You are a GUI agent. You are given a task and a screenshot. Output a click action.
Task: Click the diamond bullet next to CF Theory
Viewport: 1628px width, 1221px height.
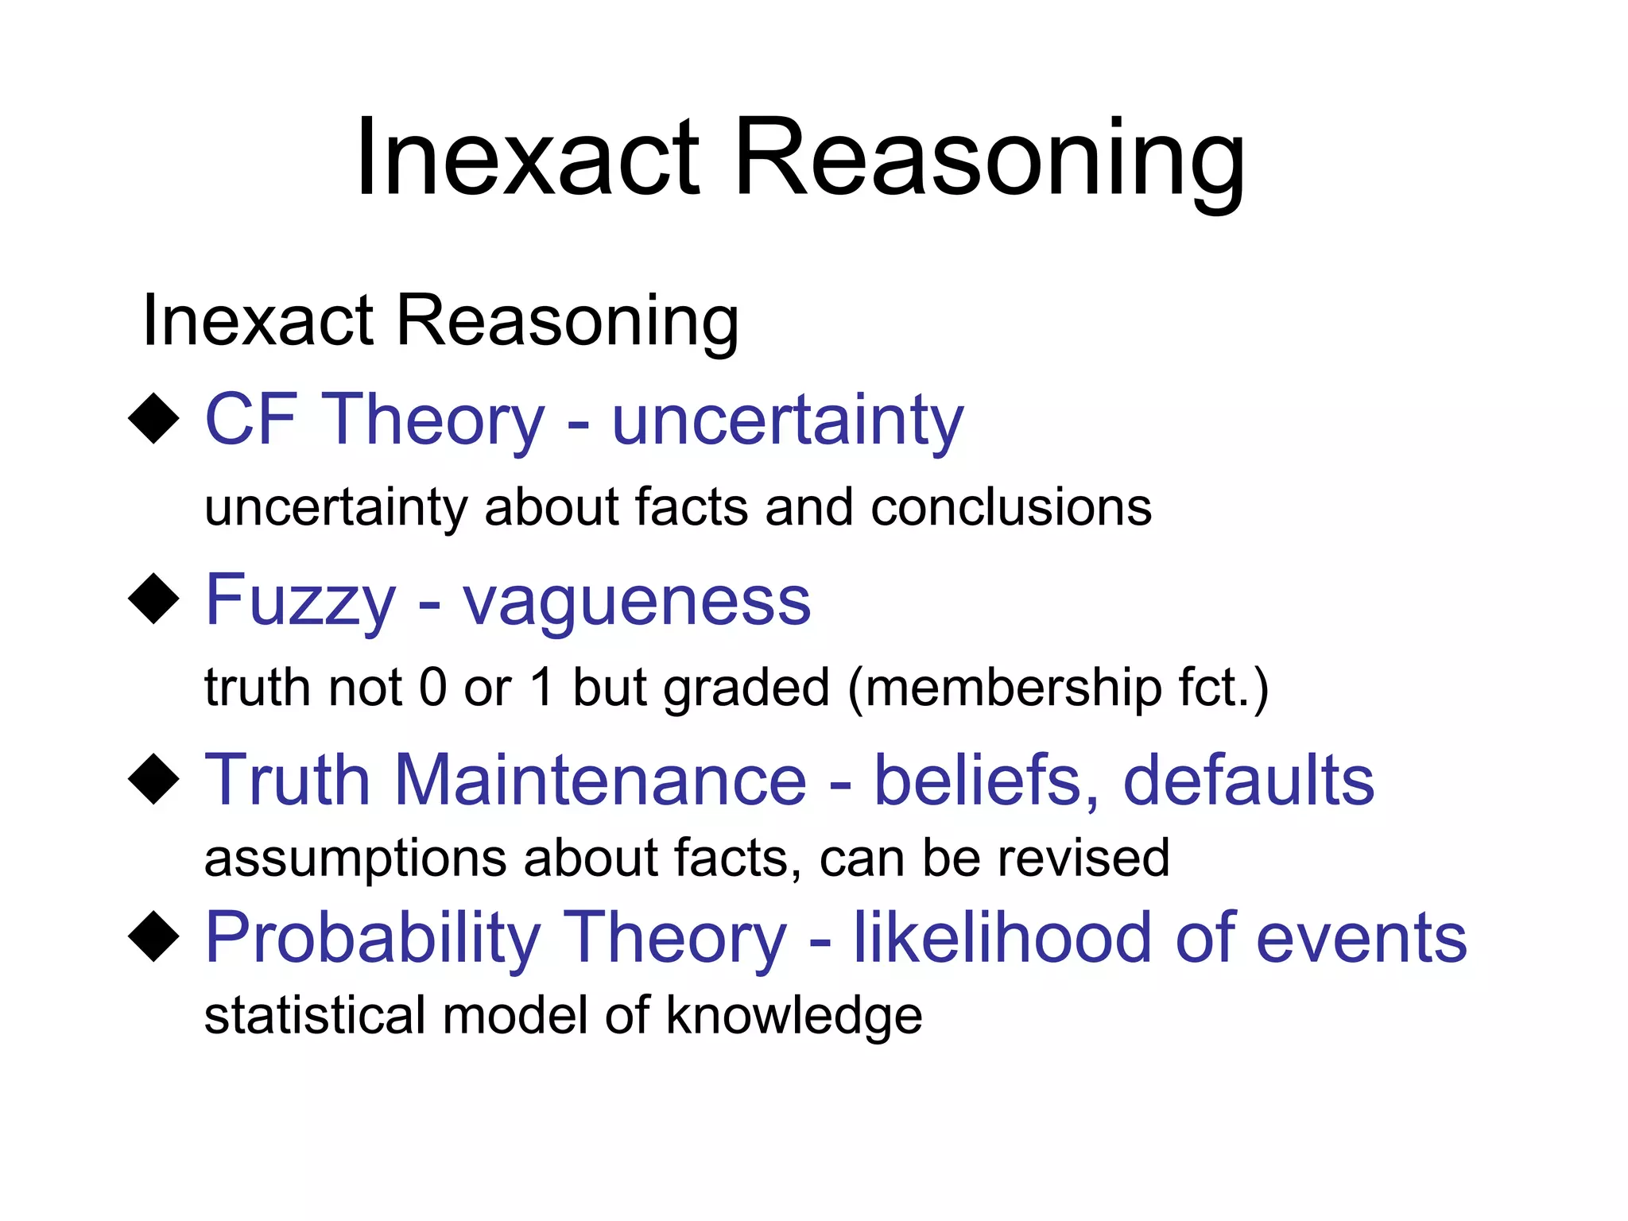153,419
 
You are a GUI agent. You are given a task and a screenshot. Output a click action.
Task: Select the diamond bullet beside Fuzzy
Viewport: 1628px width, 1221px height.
153,599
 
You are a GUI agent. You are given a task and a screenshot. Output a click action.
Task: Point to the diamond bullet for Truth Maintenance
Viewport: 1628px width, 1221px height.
153,780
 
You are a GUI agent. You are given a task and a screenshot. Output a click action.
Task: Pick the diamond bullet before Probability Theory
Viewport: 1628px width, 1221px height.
153,937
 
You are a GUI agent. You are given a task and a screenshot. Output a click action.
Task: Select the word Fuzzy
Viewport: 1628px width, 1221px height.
300,602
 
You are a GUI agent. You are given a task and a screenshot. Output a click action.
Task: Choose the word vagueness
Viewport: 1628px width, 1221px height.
636,602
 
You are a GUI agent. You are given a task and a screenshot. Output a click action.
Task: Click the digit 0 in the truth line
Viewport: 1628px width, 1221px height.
432,688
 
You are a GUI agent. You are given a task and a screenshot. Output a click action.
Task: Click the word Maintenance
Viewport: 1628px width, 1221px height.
600,780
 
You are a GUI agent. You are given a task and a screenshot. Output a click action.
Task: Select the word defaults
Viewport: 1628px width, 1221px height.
1248,780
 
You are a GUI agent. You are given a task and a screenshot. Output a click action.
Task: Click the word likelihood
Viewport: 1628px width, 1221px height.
1002,938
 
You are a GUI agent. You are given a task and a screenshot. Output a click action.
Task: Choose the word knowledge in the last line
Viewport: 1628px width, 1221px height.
793,1016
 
